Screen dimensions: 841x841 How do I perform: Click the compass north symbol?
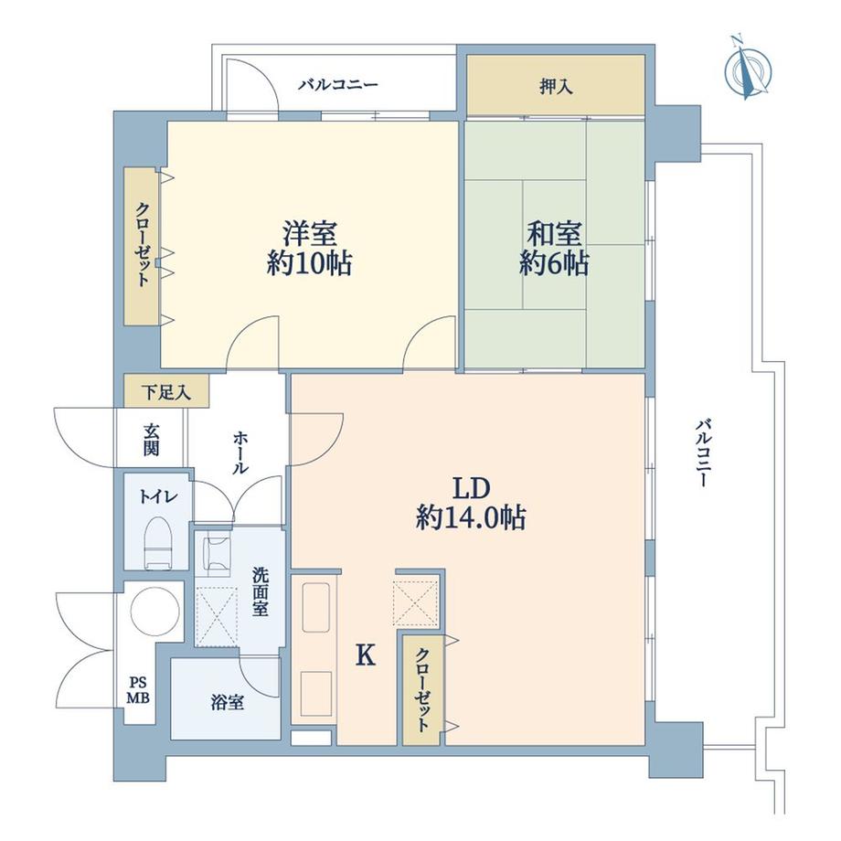click(748, 68)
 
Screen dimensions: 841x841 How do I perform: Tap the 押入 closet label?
click(556, 88)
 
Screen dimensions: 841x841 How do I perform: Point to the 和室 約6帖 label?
click(553, 249)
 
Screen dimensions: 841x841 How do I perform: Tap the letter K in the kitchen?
click(365, 655)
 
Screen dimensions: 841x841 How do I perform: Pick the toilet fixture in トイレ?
click(158, 540)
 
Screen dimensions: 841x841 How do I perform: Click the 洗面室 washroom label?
click(260, 591)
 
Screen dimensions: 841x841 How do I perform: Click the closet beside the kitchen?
click(422, 687)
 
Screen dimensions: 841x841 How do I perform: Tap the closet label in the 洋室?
click(144, 245)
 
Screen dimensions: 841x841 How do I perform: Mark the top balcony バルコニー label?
click(337, 85)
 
